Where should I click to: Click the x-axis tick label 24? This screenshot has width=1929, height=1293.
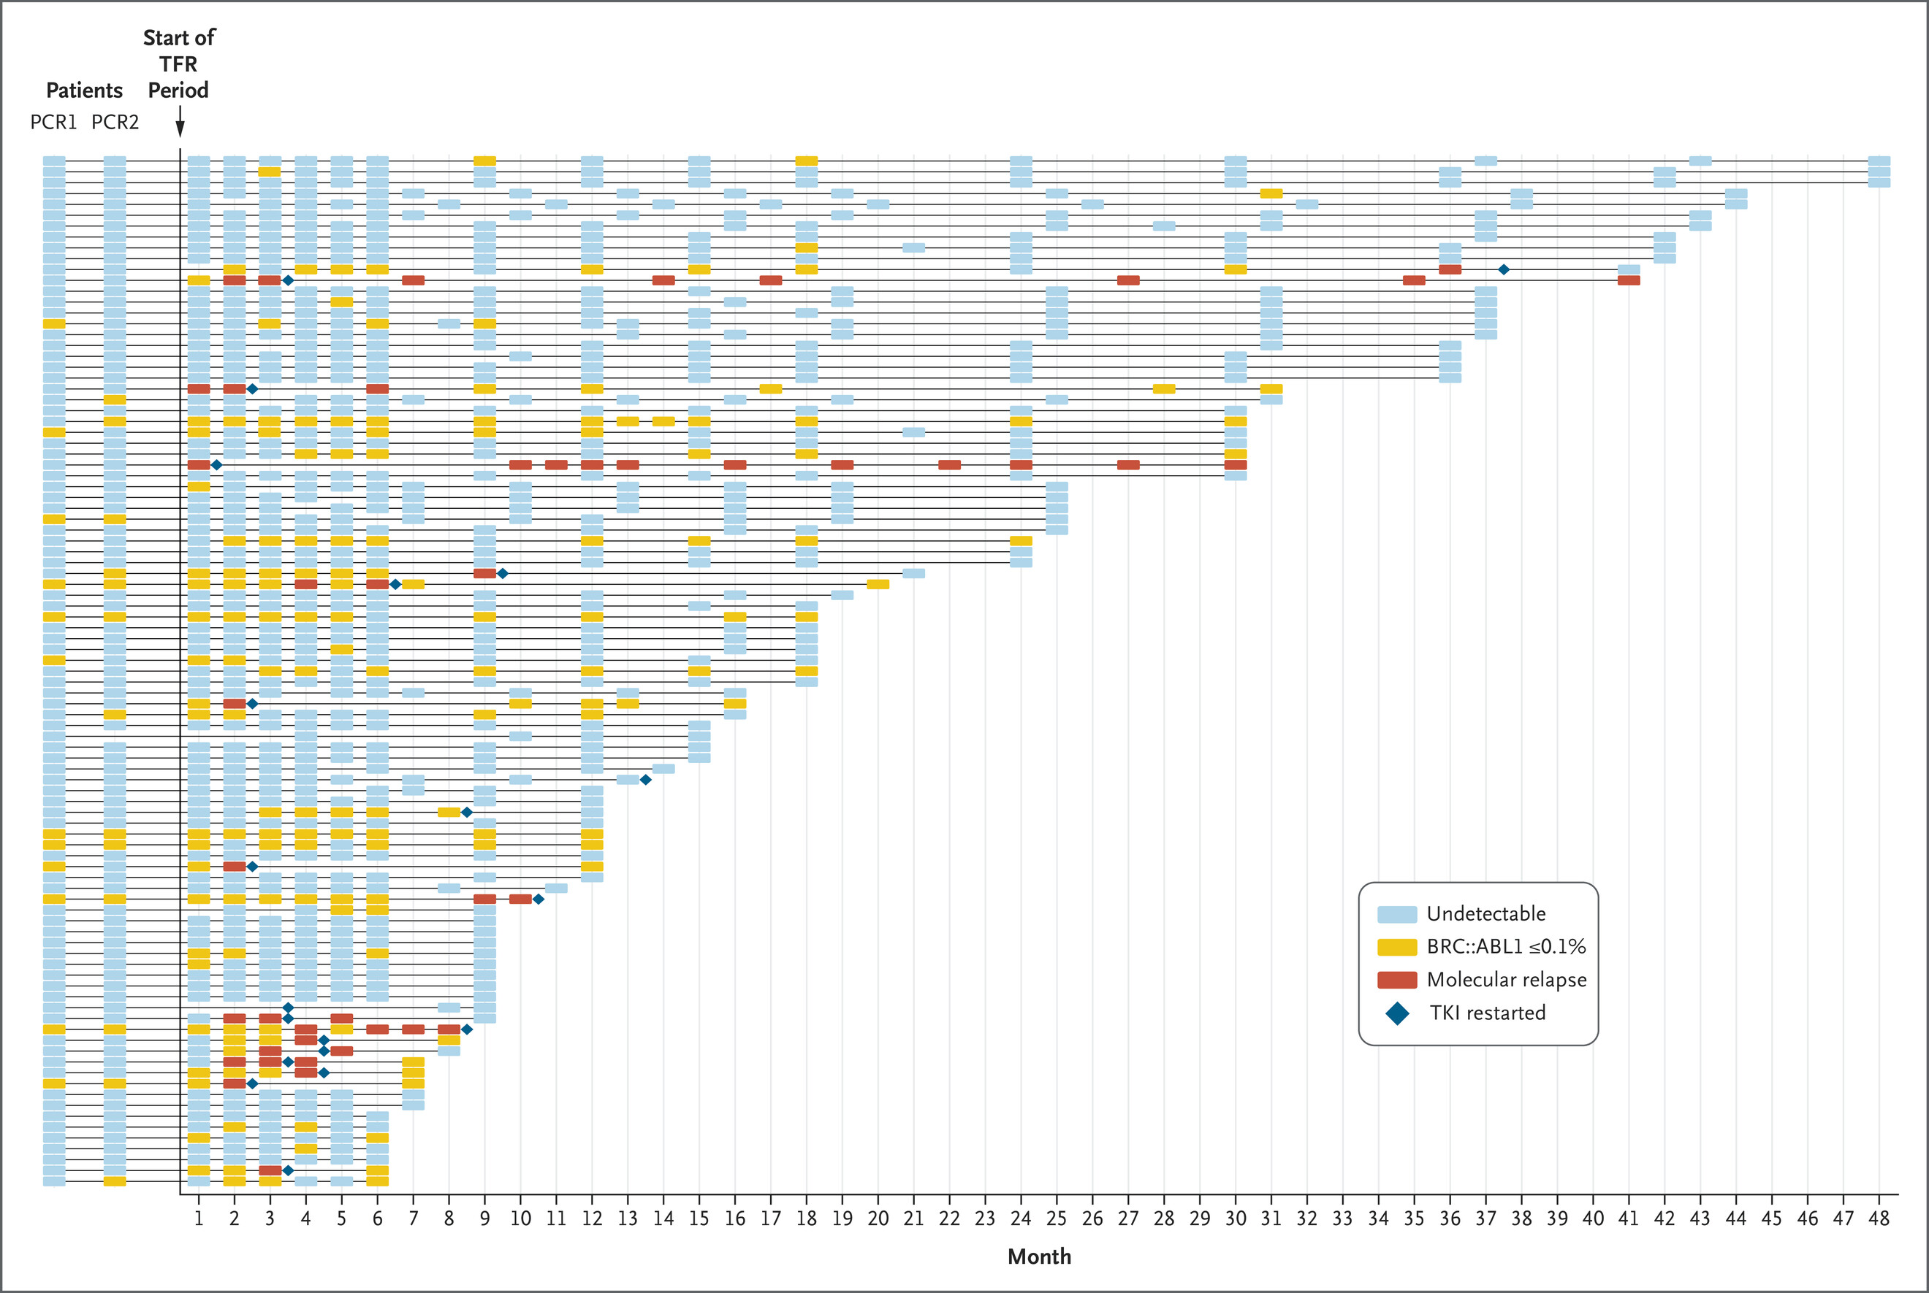1021,1219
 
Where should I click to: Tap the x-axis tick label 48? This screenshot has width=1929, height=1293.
1879,1219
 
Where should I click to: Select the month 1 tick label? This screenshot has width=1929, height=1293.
199,1219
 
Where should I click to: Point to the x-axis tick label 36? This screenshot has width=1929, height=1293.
1450,1219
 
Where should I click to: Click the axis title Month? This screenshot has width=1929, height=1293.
1039,1256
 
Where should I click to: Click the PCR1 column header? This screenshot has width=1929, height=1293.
53,122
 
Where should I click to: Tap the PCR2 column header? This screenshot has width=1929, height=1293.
115,122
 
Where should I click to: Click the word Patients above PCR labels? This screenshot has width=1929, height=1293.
84,90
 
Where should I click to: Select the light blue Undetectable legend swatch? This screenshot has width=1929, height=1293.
1397,913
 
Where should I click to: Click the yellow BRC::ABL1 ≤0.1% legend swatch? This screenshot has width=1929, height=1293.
1397,947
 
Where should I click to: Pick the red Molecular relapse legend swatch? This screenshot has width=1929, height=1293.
1397,980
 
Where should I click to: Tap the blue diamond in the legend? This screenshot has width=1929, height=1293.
1397,1013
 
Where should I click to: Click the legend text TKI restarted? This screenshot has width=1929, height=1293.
1488,1013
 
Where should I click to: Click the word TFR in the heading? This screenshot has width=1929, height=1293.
178,64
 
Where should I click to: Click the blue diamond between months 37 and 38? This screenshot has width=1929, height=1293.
1503,269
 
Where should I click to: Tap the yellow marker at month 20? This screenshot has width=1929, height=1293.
878,584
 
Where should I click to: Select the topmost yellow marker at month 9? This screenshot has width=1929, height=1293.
484,161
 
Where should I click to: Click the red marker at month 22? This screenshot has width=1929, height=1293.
949,465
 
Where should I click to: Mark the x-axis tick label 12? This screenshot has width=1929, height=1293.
592,1219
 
